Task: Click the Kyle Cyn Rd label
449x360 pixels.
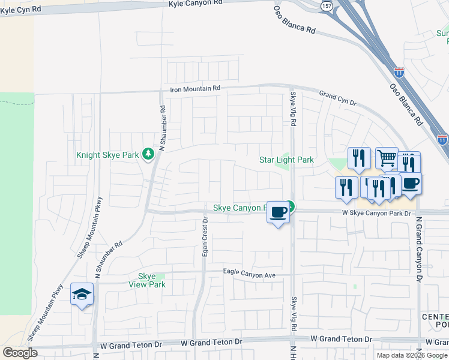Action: click(20, 10)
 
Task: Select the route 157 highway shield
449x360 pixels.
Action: click(326, 5)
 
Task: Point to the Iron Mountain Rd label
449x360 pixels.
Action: click(195, 89)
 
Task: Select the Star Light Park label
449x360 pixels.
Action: click(286, 160)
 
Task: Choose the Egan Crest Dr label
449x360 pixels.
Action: click(205, 238)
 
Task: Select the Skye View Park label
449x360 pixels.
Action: click(147, 280)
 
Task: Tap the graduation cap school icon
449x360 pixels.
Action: click(82, 294)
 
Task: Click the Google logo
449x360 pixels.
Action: click(20, 353)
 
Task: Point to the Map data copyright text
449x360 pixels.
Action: click(412, 355)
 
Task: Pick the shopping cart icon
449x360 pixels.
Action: click(387, 158)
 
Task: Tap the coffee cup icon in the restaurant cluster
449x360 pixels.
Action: click(410, 183)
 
